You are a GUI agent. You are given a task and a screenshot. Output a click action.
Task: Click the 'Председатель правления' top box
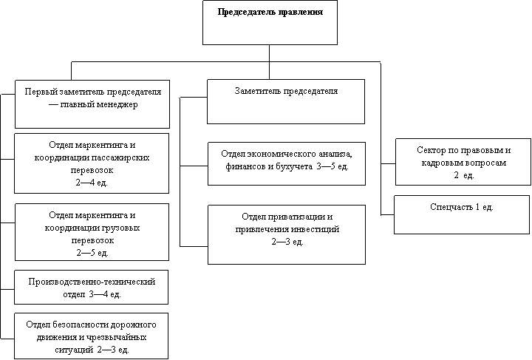coord(270,22)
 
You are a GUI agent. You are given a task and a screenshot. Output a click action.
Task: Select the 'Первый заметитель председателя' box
coord(93,103)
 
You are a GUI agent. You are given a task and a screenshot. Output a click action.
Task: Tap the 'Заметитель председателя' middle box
coord(286,101)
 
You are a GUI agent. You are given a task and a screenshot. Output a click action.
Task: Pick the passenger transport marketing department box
coord(93,163)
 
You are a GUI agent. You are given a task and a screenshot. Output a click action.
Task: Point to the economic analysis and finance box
coord(286,163)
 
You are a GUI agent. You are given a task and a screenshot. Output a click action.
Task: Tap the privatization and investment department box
coord(286,234)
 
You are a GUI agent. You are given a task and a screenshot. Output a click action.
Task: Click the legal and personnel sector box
coord(463,161)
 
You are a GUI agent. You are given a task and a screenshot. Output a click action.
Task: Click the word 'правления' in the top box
coord(297,13)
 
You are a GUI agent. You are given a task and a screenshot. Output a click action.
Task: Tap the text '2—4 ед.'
coord(94,182)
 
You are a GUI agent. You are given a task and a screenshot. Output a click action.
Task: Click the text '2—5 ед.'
coord(94,252)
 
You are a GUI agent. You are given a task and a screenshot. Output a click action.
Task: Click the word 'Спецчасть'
coord(450,207)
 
